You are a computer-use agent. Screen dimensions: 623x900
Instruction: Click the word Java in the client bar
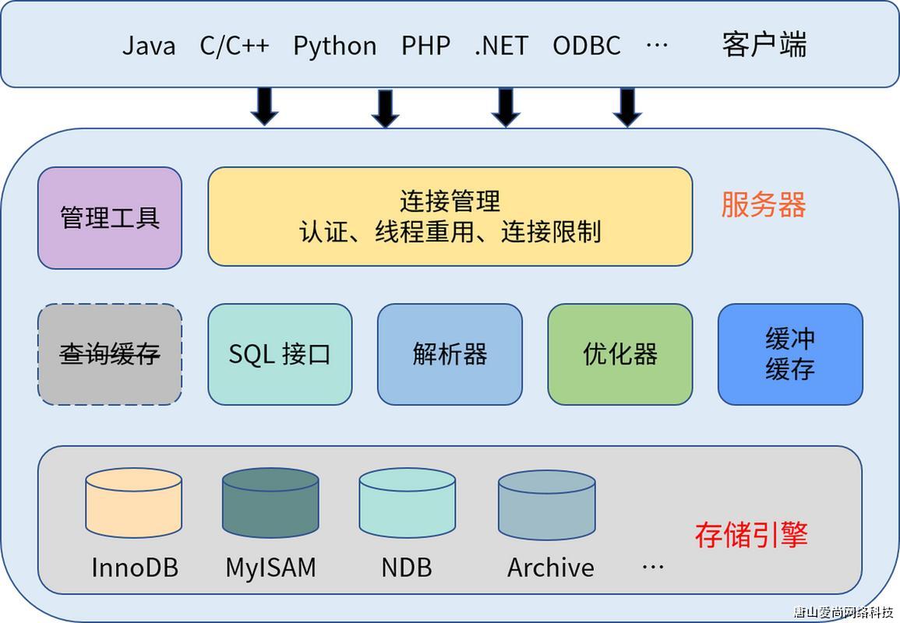149,45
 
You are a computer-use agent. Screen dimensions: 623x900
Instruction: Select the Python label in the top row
334,45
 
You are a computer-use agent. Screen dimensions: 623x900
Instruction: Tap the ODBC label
586,45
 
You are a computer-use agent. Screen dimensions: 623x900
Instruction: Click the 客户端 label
764,44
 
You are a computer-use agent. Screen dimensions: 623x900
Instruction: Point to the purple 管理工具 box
110,218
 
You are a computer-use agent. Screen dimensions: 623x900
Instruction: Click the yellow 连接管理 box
450,216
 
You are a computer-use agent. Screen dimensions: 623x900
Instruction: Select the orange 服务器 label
763,205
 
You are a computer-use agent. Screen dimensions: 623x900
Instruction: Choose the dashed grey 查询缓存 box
110,354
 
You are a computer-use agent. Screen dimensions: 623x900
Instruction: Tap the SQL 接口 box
280,354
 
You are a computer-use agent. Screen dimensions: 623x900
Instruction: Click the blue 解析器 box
450,354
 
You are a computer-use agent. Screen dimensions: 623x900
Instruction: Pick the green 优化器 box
619,354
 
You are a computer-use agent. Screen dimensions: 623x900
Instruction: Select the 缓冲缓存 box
789,354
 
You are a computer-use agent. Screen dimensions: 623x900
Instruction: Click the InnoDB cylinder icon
133,502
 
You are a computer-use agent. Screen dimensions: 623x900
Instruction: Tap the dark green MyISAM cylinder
270,502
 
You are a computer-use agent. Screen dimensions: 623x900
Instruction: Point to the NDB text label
406,567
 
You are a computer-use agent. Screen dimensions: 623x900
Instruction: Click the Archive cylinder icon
546,505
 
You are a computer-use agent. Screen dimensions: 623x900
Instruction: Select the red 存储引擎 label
750,535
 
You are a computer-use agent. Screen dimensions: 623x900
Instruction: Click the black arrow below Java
264,107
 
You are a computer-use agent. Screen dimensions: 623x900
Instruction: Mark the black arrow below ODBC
626,107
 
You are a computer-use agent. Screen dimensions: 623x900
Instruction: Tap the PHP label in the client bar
425,45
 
